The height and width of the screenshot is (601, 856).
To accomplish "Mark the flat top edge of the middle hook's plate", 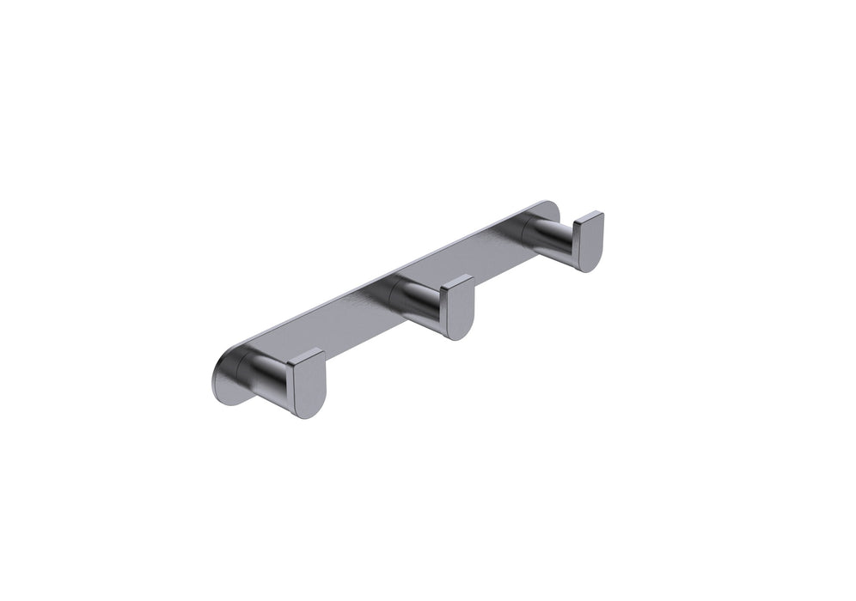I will [x=456, y=280].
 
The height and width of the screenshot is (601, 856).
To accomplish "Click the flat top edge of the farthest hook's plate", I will [x=589, y=216].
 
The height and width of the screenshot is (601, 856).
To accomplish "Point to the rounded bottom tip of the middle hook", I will [x=461, y=336].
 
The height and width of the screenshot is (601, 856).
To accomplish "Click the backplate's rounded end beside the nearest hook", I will [x=219, y=378].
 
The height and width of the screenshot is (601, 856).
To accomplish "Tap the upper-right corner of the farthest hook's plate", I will [x=602, y=213].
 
